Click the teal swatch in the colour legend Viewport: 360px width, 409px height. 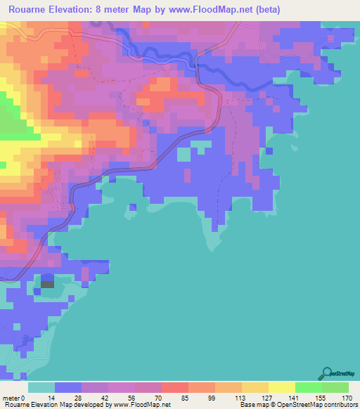(x=41, y=387)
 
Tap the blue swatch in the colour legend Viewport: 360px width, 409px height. (x=68, y=387)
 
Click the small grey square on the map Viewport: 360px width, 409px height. (x=47, y=284)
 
